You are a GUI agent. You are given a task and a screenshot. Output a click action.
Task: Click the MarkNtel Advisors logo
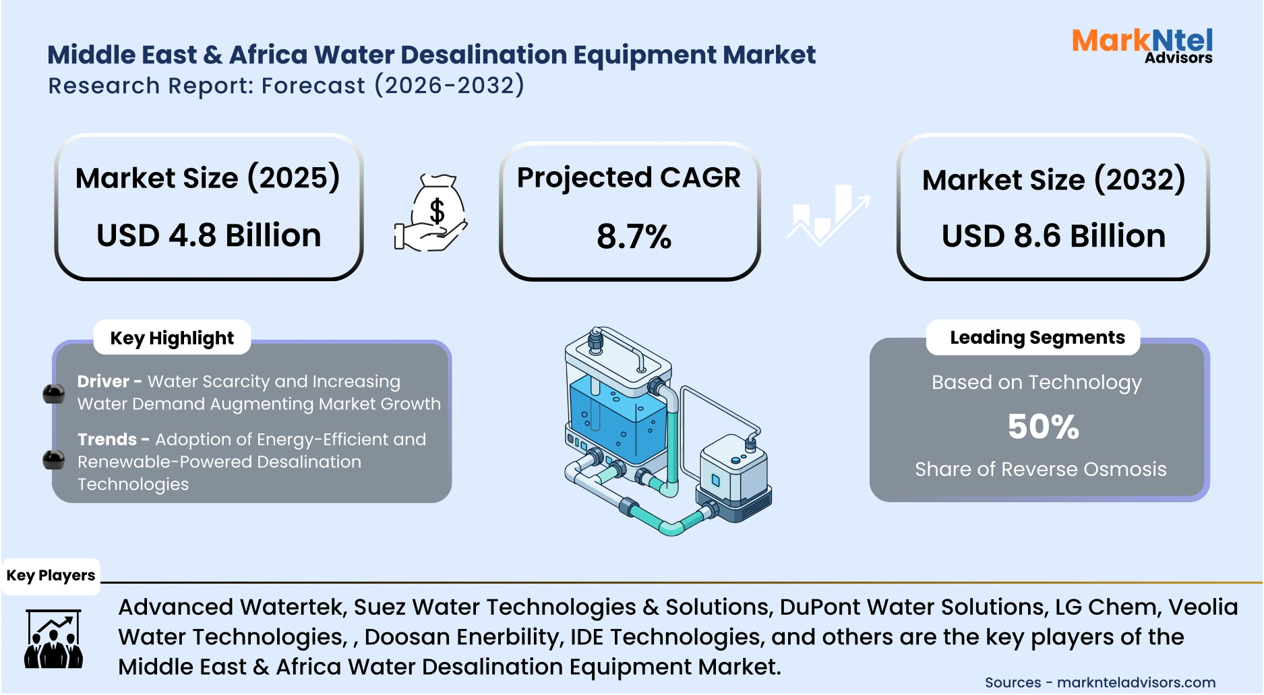click(x=1142, y=46)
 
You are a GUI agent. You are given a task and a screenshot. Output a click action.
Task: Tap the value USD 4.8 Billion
click(x=208, y=235)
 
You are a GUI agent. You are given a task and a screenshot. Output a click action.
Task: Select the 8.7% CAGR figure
click(x=633, y=237)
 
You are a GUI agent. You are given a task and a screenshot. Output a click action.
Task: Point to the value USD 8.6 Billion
click(x=1053, y=236)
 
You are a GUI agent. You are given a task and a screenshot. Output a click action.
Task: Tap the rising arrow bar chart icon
click(x=828, y=215)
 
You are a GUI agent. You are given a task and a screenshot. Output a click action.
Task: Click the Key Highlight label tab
click(x=172, y=338)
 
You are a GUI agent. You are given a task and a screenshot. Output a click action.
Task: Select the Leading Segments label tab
click(x=1037, y=337)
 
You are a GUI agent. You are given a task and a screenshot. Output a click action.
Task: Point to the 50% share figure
click(x=1043, y=427)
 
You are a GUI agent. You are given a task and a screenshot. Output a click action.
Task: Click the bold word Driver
click(x=102, y=382)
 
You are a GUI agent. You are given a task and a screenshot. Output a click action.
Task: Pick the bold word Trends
click(x=107, y=440)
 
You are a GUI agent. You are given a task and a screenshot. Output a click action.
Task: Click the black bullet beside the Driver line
click(x=54, y=394)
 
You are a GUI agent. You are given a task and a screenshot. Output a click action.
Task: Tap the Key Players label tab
click(x=51, y=576)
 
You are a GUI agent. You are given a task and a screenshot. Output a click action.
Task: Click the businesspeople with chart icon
click(x=53, y=639)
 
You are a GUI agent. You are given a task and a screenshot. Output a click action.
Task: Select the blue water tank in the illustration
click(x=616, y=418)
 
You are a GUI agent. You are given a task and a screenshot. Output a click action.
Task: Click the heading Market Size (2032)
click(x=1053, y=180)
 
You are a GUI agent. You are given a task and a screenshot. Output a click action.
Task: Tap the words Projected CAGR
click(x=628, y=178)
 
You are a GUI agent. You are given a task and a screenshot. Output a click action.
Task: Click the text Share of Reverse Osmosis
click(x=1040, y=469)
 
